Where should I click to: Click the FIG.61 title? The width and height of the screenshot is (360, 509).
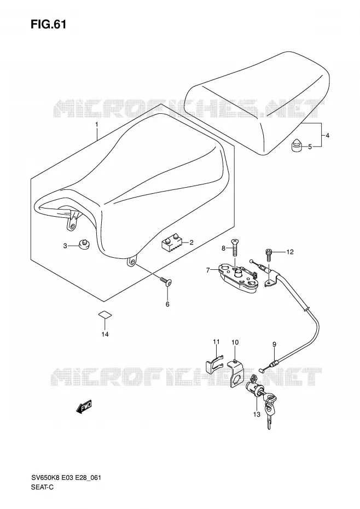[48, 24]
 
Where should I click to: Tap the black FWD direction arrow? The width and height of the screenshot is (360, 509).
[84, 407]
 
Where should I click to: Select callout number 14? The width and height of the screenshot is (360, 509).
[105, 334]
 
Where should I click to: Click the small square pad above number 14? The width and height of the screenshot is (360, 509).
[105, 314]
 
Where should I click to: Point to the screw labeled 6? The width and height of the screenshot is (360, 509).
[166, 282]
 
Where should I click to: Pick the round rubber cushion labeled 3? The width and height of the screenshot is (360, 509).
[84, 245]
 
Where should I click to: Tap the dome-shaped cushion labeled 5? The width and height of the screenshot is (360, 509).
[295, 146]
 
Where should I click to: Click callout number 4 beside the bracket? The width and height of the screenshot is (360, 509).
[327, 135]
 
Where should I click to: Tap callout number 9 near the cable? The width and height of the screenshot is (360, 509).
[274, 344]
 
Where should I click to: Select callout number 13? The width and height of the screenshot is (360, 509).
[257, 414]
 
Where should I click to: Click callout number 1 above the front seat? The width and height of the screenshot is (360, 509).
[96, 124]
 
